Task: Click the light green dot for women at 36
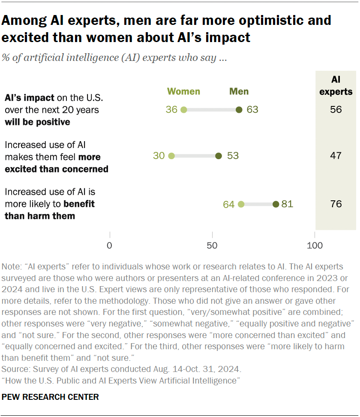183,110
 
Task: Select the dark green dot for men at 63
239,110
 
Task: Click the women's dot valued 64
241,204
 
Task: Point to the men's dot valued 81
276,204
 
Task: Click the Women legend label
183,91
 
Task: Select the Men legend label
239,91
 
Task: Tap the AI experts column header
336,85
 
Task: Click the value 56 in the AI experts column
336,110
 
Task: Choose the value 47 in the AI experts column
336,156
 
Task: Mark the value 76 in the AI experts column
336,204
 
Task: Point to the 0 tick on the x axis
110,245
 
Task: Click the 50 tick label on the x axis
212,245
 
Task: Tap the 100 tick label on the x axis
315,245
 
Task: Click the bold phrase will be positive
37,122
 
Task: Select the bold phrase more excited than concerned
56,169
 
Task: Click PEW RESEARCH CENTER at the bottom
50,397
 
